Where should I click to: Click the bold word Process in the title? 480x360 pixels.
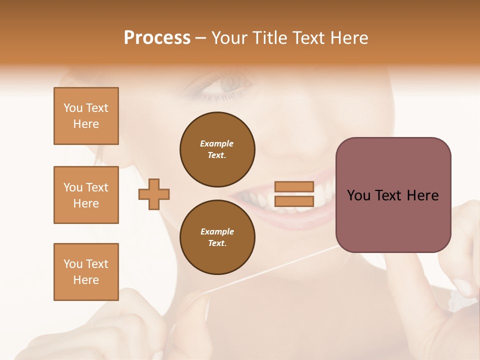click(157, 38)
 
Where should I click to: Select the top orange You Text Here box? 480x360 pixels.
click(86, 116)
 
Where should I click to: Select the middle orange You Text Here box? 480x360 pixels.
click(86, 195)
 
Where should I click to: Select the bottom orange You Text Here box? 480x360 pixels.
click(86, 271)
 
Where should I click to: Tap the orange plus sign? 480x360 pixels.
click(154, 194)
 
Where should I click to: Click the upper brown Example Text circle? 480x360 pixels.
click(217, 149)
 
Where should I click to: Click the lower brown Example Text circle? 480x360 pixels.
click(217, 237)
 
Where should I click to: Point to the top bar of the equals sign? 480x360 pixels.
click(294, 186)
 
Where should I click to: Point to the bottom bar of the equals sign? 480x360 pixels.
click(294, 201)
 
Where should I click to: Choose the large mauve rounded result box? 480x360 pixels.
click(393, 195)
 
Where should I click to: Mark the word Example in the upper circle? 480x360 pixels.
click(216, 143)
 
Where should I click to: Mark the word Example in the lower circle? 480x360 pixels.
click(217, 231)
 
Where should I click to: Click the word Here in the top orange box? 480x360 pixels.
click(86, 124)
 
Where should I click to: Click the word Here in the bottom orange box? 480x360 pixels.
click(86, 280)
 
